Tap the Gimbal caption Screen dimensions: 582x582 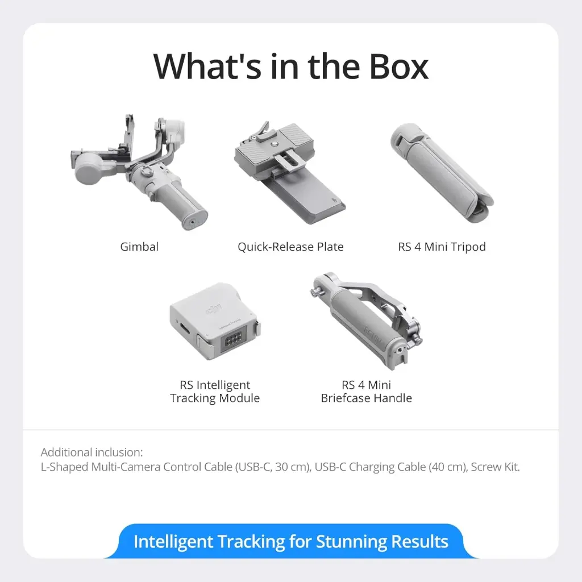click(139, 247)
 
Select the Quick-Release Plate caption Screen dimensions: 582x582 click(290, 247)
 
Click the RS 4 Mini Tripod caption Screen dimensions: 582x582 click(442, 247)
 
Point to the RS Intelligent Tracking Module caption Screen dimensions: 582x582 click(215, 392)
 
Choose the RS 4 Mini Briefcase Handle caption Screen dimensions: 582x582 click(366, 392)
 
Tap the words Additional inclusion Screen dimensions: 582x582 click(92, 452)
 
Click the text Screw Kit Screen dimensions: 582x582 click(495, 467)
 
